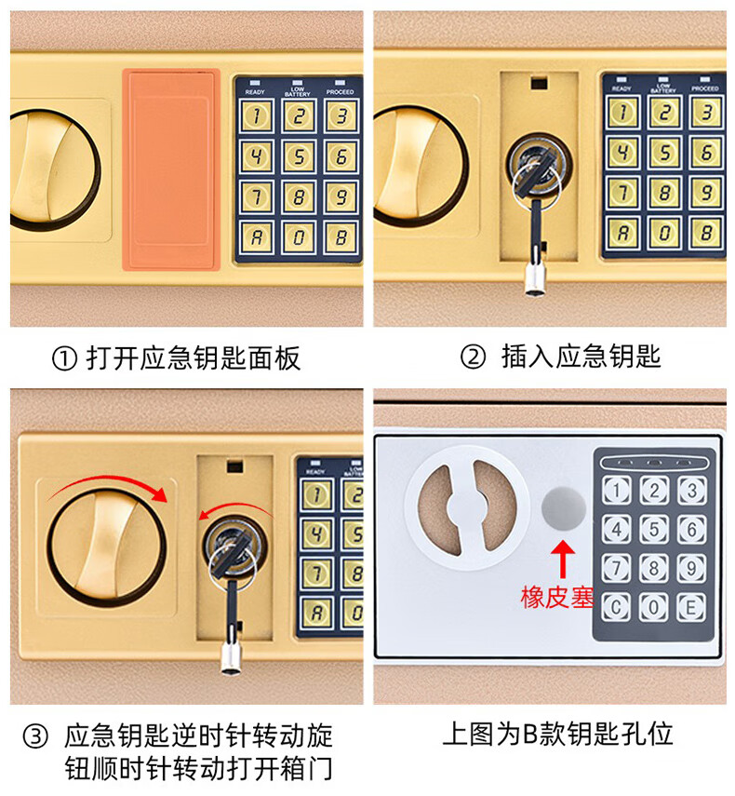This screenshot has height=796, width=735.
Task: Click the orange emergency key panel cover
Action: (x=171, y=169)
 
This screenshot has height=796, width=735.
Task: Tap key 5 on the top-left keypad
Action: (x=299, y=156)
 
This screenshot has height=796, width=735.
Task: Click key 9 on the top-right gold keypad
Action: (x=705, y=193)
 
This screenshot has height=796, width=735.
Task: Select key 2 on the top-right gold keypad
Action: (x=664, y=113)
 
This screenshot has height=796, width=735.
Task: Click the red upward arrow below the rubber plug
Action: (x=563, y=559)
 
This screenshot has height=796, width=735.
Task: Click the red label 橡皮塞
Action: (x=557, y=598)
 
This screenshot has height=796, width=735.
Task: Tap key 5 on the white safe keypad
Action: (x=654, y=530)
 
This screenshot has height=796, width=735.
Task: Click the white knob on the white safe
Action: (x=467, y=507)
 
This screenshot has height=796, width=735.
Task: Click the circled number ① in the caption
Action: (x=64, y=359)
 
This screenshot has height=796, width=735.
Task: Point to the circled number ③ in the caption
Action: (x=35, y=736)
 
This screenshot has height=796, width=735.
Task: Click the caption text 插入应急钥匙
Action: (x=581, y=357)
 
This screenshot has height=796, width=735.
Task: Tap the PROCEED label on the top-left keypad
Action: (x=340, y=92)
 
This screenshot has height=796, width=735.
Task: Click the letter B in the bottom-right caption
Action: (x=530, y=735)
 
